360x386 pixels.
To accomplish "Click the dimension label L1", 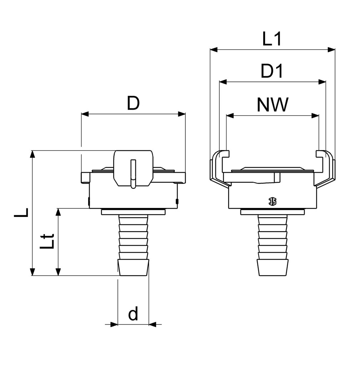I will [272, 39].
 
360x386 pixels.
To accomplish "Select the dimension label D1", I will [272, 71].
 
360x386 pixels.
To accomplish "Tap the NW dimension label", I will [272, 105].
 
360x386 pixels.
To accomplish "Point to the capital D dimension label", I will [133, 104].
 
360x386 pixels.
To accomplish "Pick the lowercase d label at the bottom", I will [133, 314].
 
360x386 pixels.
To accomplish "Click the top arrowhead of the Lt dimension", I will [58, 212].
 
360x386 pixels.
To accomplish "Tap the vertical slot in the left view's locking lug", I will [133, 173].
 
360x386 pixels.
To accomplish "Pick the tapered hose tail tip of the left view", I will [133, 268].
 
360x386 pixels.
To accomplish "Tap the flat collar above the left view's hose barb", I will [133, 213].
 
